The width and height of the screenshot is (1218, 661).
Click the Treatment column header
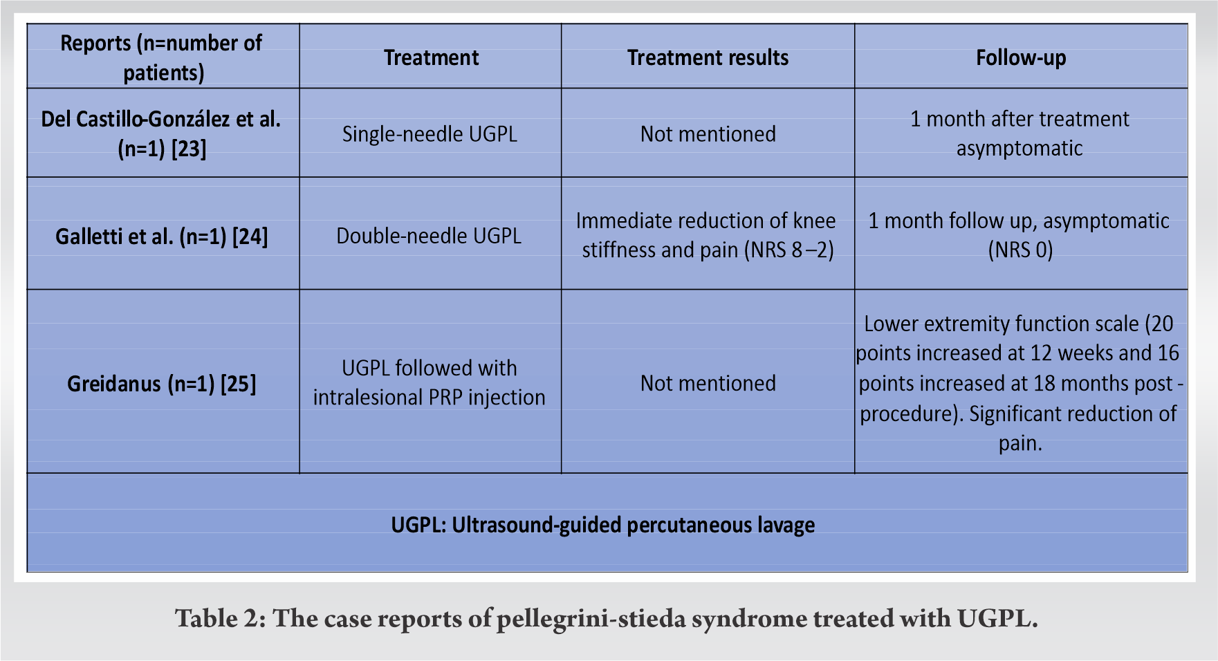pyautogui.click(x=431, y=57)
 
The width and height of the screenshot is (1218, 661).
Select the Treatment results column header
pyautogui.click(x=708, y=57)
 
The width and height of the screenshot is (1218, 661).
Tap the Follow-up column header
pyautogui.click(x=1021, y=57)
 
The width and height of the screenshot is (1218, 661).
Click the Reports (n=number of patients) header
pyautogui.click(x=162, y=57)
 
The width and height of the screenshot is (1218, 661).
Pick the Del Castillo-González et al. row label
pyautogui.click(x=161, y=120)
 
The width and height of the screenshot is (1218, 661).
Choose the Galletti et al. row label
pyautogui.click(x=161, y=236)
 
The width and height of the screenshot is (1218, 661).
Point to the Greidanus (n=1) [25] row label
pyautogui.click(x=161, y=383)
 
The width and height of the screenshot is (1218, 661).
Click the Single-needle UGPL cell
pyautogui.click(x=430, y=133)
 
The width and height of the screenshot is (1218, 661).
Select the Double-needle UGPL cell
pyautogui.click(x=429, y=236)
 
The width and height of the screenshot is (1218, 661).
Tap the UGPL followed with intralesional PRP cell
pyautogui.click(x=429, y=382)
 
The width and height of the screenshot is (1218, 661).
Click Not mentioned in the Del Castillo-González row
pyautogui.click(x=708, y=133)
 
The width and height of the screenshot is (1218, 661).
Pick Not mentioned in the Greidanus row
pyautogui.click(x=708, y=383)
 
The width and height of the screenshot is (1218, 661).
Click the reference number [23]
pyautogui.click(x=189, y=149)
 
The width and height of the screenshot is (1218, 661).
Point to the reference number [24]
pyautogui.click(x=250, y=236)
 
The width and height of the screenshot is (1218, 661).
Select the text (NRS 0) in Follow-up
pyautogui.click(x=1020, y=250)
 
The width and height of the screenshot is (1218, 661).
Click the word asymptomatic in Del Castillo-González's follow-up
pyautogui.click(x=1019, y=149)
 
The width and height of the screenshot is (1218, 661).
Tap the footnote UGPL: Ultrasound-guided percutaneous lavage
pyautogui.click(x=602, y=525)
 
